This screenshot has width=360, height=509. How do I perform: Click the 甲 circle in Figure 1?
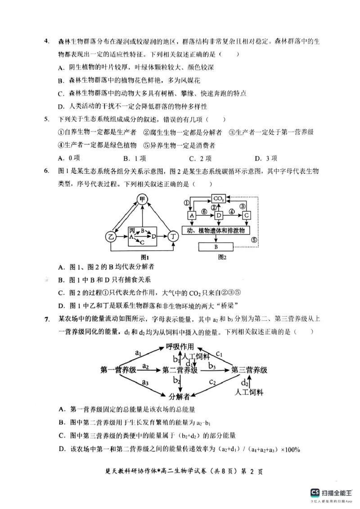tap(142, 199)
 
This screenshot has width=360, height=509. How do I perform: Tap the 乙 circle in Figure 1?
tap(110, 236)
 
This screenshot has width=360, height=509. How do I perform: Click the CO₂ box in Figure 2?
tap(219, 199)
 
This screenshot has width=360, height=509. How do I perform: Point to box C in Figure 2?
tap(246, 216)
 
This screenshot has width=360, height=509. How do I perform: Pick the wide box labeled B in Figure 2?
tap(216, 247)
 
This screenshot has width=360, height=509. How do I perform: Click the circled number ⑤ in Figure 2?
tap(254, 240)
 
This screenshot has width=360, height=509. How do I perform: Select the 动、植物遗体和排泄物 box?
tap(216, 231)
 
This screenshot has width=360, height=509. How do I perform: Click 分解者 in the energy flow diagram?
tap(179, 397)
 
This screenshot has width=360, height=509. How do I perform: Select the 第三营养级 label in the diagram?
tap(249, 371)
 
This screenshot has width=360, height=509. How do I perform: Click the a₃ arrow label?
tap(145, 383)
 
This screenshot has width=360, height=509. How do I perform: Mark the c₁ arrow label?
tap(219, 354)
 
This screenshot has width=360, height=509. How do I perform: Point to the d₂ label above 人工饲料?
tap(245, 383)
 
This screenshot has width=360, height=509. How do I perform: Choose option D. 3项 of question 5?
tap(266, 158)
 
